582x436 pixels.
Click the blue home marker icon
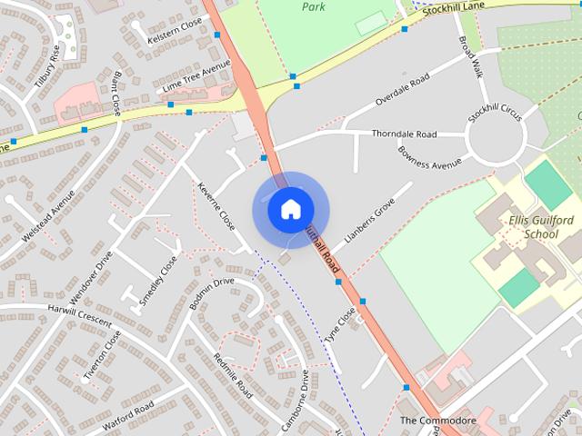tap(290, 210)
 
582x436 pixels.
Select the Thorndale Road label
tap(404, 134)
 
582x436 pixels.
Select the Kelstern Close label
tap(176, 33)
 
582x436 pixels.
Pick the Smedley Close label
tap(159, 282)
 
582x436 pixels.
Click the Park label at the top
tap(315, 6)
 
